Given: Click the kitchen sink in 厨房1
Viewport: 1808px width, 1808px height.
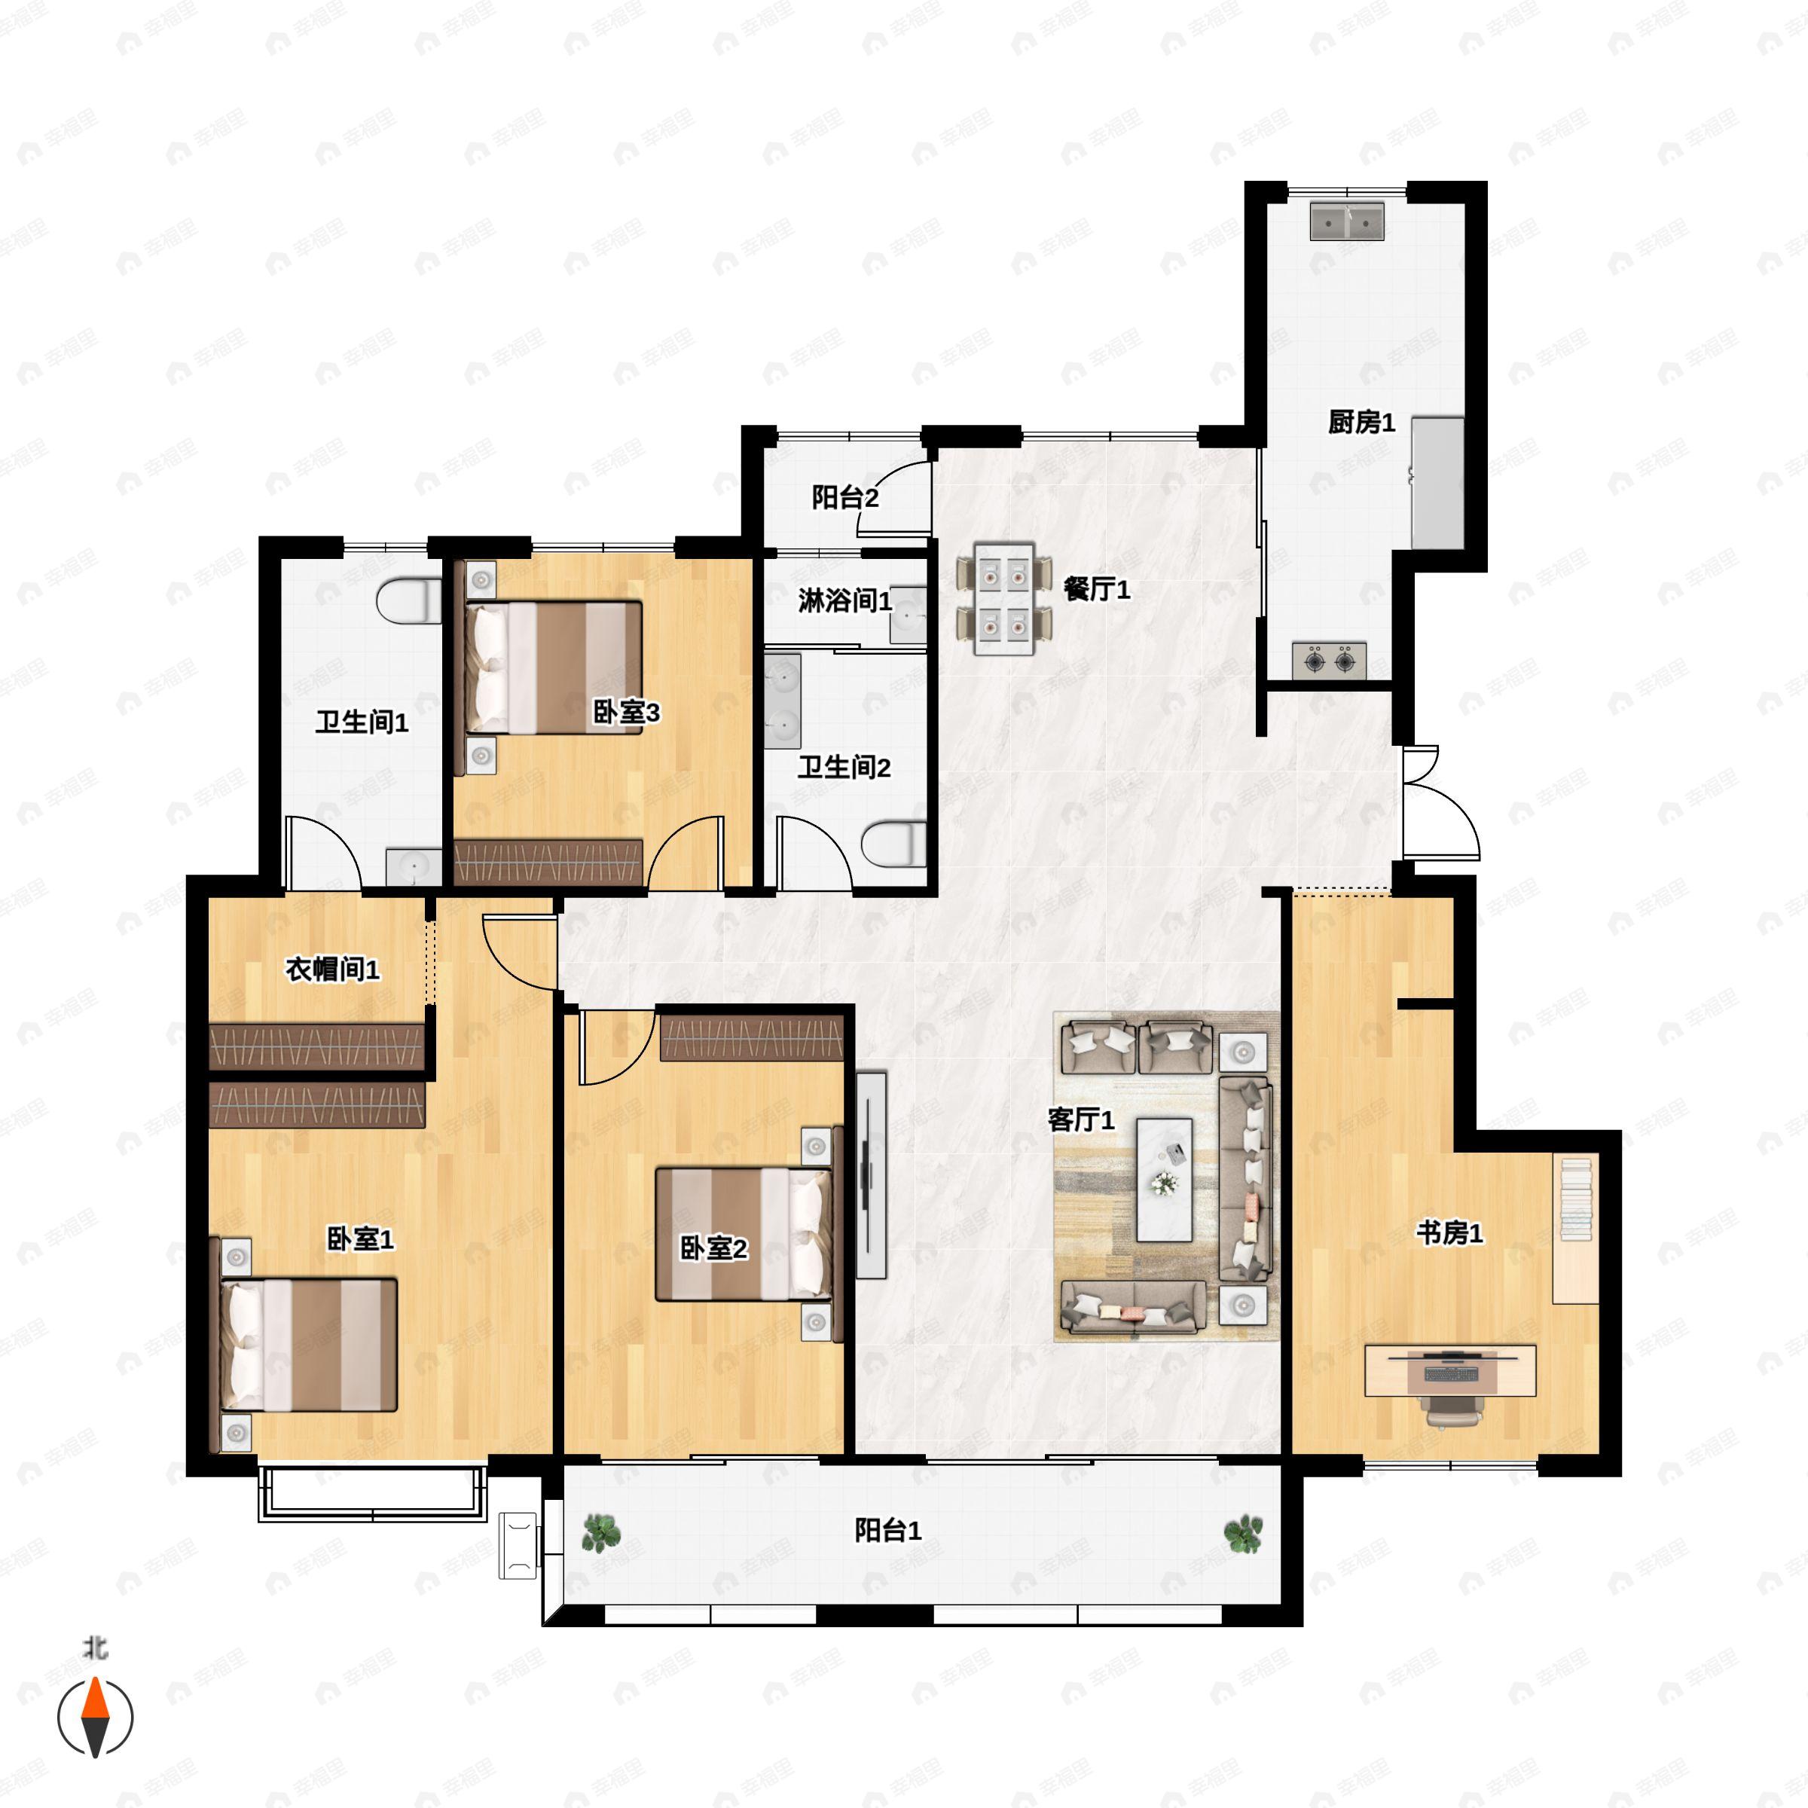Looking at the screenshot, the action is [1347, 221].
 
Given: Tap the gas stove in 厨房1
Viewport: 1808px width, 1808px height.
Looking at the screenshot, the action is [1329, 661].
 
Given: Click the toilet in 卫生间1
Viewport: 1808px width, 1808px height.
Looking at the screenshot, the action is [409, 601].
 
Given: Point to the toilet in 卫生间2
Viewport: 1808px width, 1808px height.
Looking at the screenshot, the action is [893, 844].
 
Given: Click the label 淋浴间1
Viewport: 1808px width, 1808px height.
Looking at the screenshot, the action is [844, 600].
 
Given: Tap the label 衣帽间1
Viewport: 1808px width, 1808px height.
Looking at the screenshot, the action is [332, 969].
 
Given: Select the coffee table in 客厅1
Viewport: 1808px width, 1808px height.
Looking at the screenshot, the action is [1164, 1179].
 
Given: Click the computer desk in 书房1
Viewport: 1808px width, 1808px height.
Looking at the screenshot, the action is [1449, 1371].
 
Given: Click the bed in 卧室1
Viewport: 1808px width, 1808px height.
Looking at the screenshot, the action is [308, 1345].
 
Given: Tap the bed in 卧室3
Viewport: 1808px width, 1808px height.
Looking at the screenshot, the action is [553, 667].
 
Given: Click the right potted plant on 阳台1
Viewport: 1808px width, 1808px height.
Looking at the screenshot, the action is [1244, 1534].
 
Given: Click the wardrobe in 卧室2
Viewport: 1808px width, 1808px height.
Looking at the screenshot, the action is [753, 1037].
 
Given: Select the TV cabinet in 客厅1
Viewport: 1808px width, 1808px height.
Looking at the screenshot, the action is [872, 1174].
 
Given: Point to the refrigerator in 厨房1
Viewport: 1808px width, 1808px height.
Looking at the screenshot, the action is [1437, 483].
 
